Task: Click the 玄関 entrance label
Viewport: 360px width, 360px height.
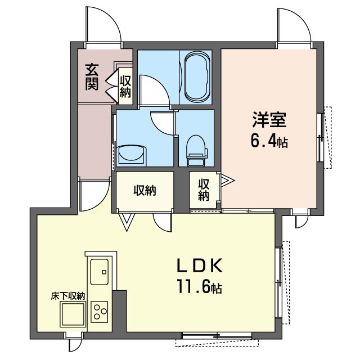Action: pyautogui.click(x=92, y=77)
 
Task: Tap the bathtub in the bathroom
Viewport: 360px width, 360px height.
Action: pyautogui.click(x=197, y=76)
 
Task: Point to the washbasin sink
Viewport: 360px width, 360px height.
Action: pyautogui.click(x=132, y=155)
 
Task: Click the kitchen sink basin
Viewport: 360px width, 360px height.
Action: pyautogui.click(x=99, y=272)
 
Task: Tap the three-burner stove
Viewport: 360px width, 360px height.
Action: pyautogui.click(x=100, y=312)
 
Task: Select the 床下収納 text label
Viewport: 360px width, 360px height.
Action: pyautogui.click(x=68, y=296)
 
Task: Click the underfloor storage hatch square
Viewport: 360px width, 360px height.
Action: pyautogui.click(x=73, y=314)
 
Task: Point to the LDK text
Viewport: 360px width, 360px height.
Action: pyautogui.click(x=199, y=265)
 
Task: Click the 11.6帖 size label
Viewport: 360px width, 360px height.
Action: pyautogui.click(x=199, y=287)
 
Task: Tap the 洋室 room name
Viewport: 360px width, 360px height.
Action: pyautogui.click(x=269, y=120)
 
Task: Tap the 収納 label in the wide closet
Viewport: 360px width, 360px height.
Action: pyautogui.click(x=145, y=190)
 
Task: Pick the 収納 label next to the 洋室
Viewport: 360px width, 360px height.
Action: pyautogui.click(x=204, y=190)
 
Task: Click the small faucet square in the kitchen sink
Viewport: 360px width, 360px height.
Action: pyautogui.click(x=104, y=272)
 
